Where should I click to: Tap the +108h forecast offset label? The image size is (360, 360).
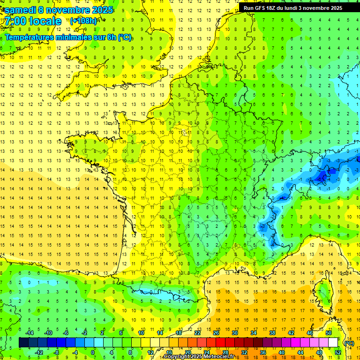[83, 21]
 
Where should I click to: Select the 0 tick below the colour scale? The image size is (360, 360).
[93, 352]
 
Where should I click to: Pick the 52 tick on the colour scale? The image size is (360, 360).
[338, 352]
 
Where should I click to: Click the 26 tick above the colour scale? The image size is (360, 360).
[216, 333]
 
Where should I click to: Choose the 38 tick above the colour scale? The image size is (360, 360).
[272, 333]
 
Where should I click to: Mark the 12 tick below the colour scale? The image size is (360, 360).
[150, 352]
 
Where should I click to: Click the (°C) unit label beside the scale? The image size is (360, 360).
[349, 343]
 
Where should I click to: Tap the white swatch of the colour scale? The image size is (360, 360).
[333, 343]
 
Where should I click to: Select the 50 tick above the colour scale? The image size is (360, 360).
[328, 333]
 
